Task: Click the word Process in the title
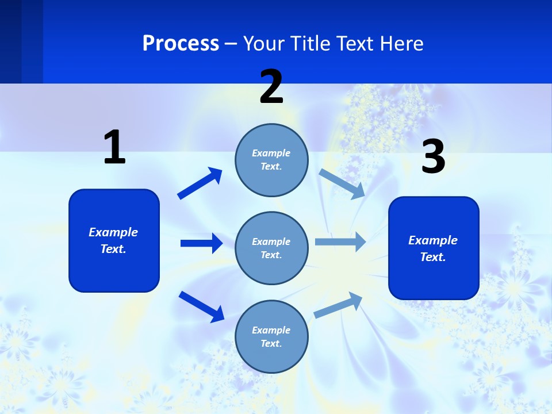pyautogui.click(x=181, y=44)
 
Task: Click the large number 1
pyautogui.click(x=114, y=147)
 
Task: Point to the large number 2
pyautogui.click(x=271, y=87)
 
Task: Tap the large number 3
pyautogui.click(x=433, y=157)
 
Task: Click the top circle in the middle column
pyautogui.click(x=271, y=160)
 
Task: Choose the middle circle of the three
pyautogui.click(x=271, y=248)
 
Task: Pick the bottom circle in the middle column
pyautogui.click(x=271, y=336)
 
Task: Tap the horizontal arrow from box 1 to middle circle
pyautogui.click(x=201, y=243)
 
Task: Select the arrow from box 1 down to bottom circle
pyautogui.click(x=201, y=306)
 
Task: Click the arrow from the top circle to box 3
pyautogui.click(x=342, y=183)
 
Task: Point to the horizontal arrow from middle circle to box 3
pyautogui.click(x=340, y=242)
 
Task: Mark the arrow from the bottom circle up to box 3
pyautogui.click(x=339, y=305)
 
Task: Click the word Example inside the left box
pyautogui.click(x=113, y=232)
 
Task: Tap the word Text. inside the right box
pyautogui.click(x=433, y=257)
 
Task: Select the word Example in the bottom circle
pyautogui.click(x=271, y=330)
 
